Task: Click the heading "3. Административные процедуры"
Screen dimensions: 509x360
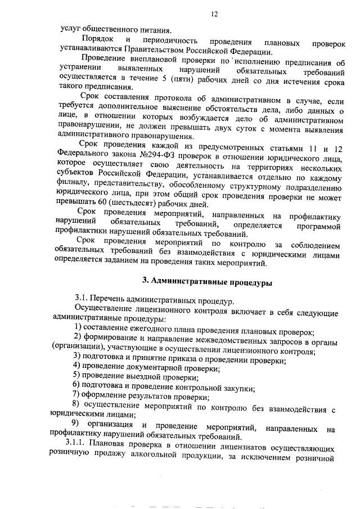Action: [206, 283]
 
